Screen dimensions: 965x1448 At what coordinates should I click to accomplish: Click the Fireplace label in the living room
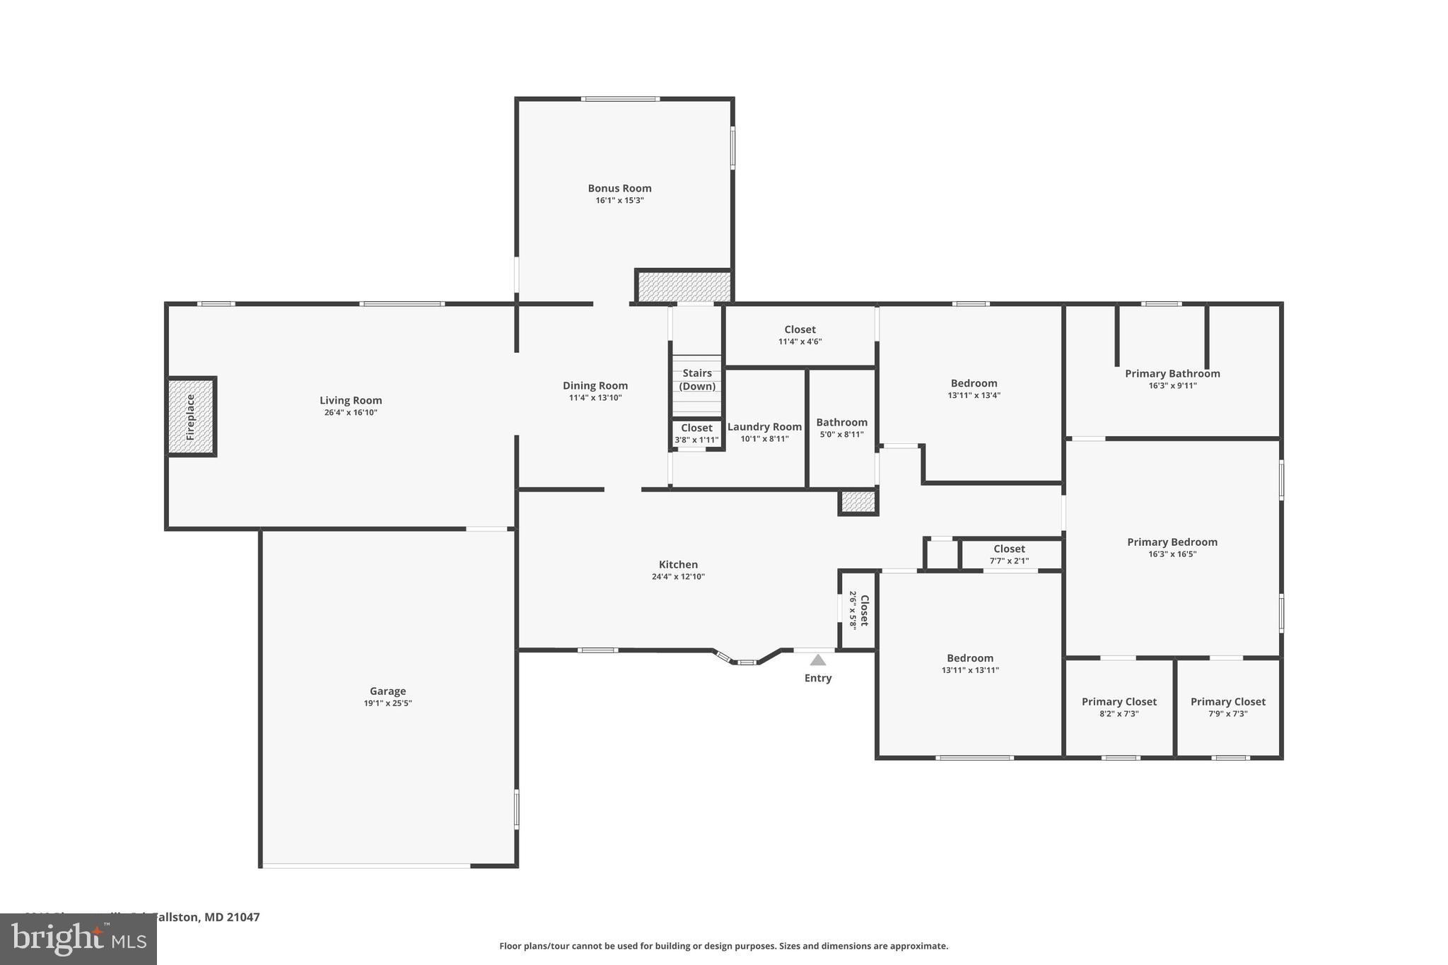pyautogui.click(x=190, y=417)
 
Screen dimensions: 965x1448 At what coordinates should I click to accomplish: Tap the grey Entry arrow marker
pyautogui.click(x=818, y=660)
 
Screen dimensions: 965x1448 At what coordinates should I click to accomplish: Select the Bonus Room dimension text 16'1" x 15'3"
pyautogui.click(x=619, y=201)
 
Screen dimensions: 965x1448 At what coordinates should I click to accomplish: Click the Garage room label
pyautogui.click(x=387, y=691)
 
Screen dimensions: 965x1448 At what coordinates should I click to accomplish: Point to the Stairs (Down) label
pyautogui.click(x=697, y=380)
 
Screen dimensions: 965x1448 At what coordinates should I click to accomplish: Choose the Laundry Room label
pyautogui.click(x=764, y=427)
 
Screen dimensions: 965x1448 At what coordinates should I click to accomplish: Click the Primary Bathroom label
pyautogui.click(x=1172, y=374)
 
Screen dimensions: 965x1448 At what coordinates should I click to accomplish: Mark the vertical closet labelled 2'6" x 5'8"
pyautogui.click(x=858, y=610)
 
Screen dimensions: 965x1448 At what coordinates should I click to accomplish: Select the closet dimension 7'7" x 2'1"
pyautogui.click(x=1009, y=561)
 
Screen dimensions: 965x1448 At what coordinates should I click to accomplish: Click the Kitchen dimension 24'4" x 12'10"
pyautogui.click(x=678, y=577)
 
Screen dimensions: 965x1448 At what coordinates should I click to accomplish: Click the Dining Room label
pyautogui.click(x=595, y=386)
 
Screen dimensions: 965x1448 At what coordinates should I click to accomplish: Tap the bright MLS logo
pyautogui.click(x=78, y=939)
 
